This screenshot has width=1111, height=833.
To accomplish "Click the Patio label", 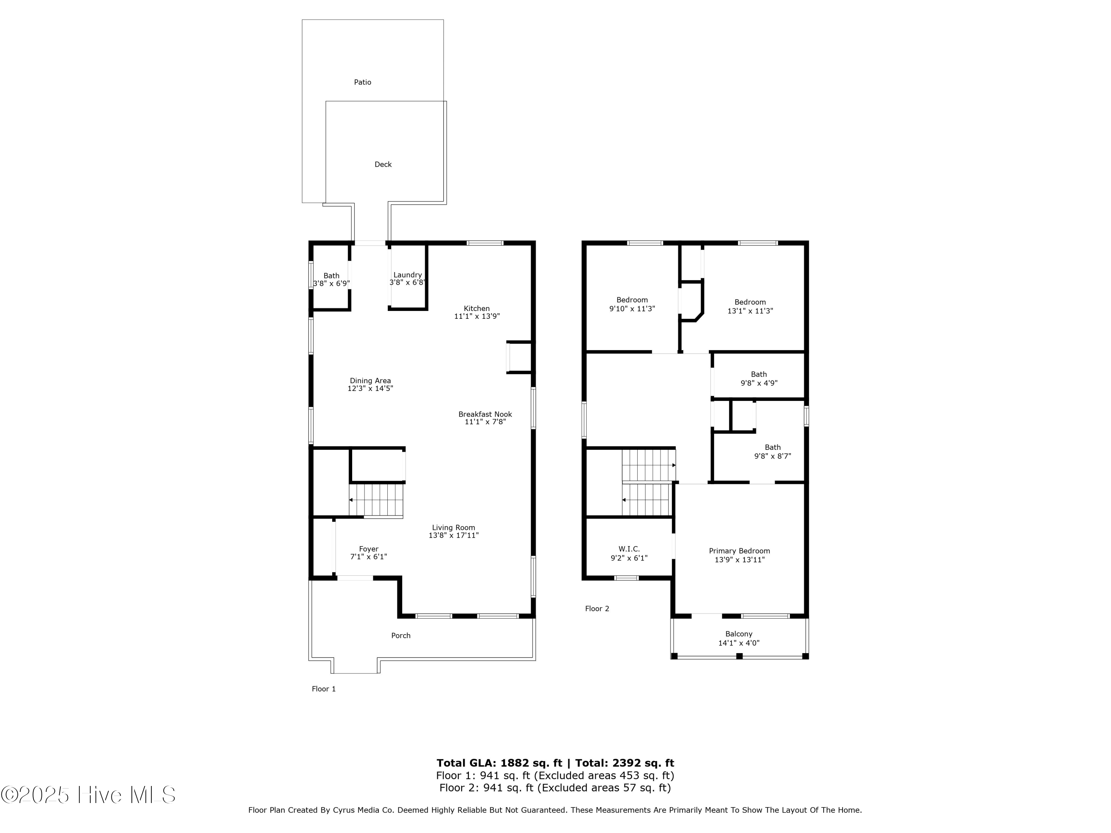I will pyautogui.click(x=362, y=82).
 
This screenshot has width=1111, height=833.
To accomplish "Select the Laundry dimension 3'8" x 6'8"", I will pyautogui.click(x=407, y=283).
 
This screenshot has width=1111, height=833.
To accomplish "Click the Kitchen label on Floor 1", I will pyautogui.click(x=476, y=308).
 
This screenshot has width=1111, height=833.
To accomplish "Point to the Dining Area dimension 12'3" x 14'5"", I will pyautogui.click(x=370, y=389).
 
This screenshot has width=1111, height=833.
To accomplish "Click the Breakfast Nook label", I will pyautogui.click(x=485, y=414).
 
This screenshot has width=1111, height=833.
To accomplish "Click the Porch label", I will pyautogui.click(x=400, y=636).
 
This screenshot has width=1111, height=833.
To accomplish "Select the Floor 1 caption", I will pyautogui.click(x=323, y=689).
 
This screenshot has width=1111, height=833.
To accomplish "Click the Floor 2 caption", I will pyautogui.click(x=597, y=609).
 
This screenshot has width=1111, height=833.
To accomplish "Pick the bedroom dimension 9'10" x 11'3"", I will pyautogui.click(x=632, y=309).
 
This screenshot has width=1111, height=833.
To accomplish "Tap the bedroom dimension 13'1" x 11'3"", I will pyautogui.click(x=750, y=311).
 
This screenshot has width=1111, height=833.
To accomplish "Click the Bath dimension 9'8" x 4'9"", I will pyautogui.click(x=758, y=383).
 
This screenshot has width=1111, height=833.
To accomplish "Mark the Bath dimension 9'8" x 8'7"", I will pyautogui.click(x=772, y=456).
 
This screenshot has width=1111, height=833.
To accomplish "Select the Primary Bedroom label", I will pyautogui.click(x=739, y=551).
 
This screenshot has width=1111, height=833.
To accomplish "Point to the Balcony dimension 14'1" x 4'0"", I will pyautogui.click(x=738, y=643).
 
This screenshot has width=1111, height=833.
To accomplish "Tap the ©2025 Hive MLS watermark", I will pyautogui.click(x=88, y=795).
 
